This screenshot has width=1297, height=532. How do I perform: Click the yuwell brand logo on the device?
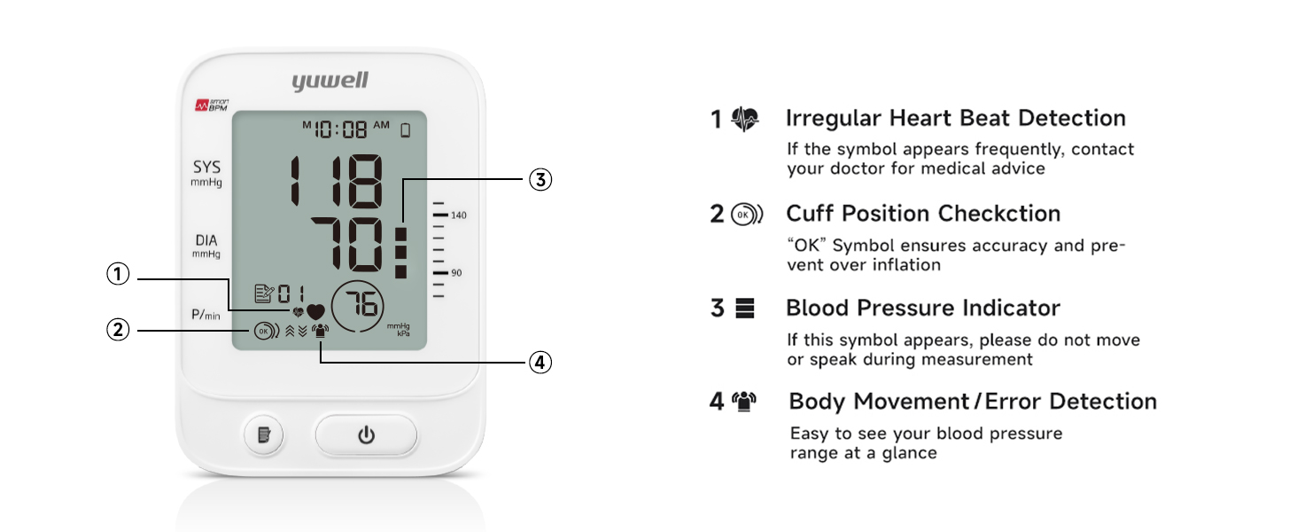pos(330,82)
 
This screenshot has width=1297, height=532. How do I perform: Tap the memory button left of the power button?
pos(263,435)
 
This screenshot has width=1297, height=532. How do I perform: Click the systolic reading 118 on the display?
pos(338,183)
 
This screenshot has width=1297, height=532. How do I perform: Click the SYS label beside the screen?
pos(206,168)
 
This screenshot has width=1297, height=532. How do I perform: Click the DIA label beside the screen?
pos(206,241)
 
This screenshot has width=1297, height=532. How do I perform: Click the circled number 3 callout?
pos(540,179)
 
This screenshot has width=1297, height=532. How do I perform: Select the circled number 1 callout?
pos(119,275)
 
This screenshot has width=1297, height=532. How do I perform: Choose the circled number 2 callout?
pos(119,330)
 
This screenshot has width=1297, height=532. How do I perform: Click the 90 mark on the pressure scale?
pos(456,273)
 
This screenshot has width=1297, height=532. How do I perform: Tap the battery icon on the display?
pos(406,130)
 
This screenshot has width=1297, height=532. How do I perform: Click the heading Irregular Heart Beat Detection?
pos(955,118)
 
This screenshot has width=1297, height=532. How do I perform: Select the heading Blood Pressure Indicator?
pos(922,309)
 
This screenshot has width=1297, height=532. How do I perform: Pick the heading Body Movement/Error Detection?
pos(972,402)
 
